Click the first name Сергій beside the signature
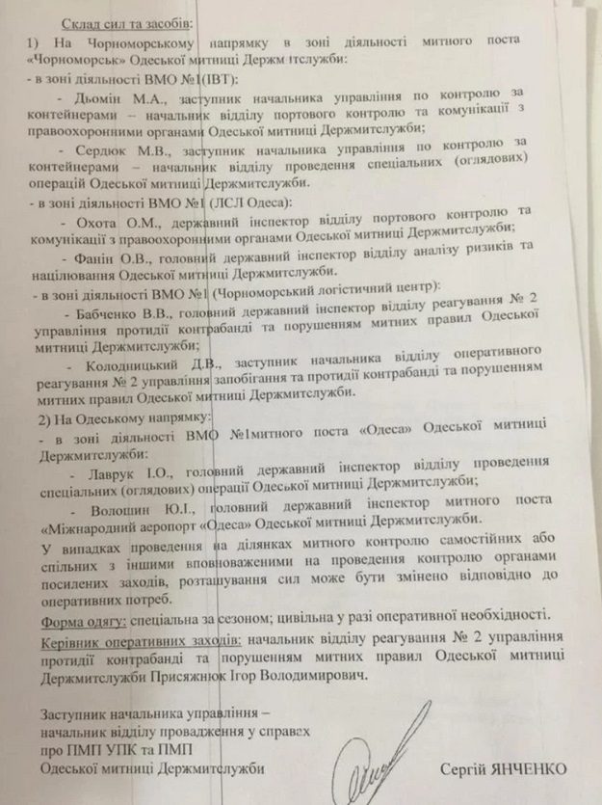469,768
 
